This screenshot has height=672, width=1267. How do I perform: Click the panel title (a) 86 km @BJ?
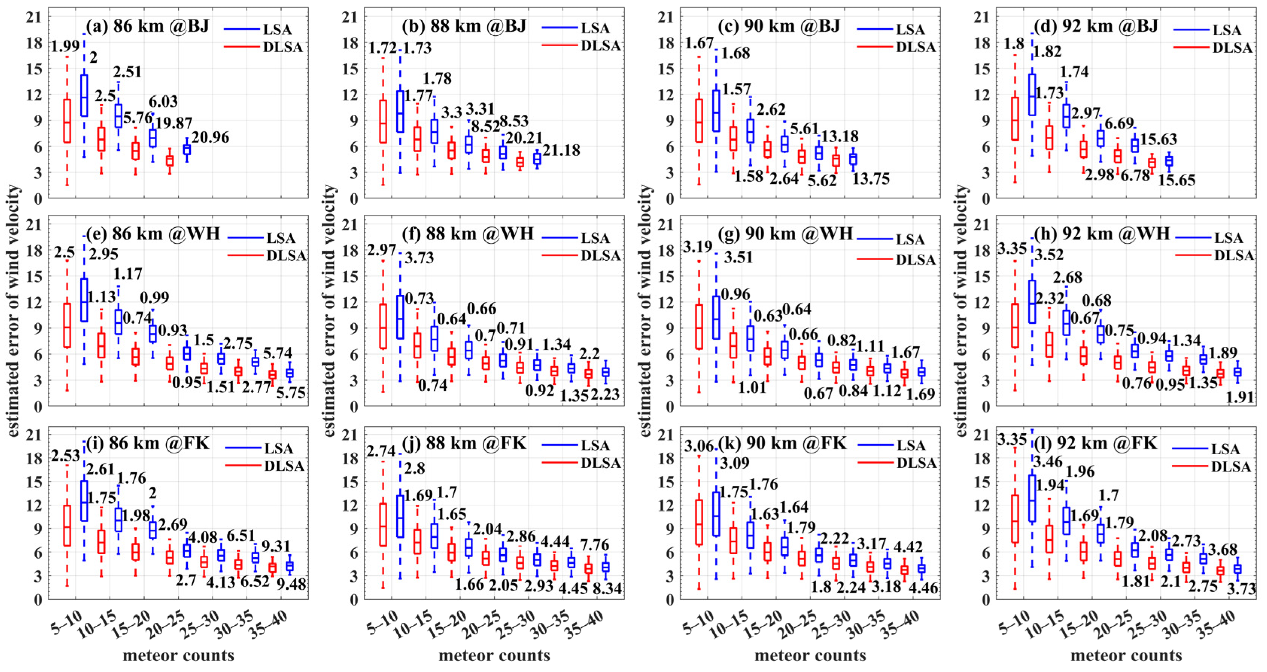pos(148,26)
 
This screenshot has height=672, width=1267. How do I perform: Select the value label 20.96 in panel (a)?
pos(210,137)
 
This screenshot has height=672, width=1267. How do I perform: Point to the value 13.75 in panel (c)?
pos(871,179)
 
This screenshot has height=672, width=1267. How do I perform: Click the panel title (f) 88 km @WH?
pos(467,233)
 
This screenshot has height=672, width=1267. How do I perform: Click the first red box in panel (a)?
pos(67,121)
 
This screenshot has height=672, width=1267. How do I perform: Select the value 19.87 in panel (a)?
pos(173,123)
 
